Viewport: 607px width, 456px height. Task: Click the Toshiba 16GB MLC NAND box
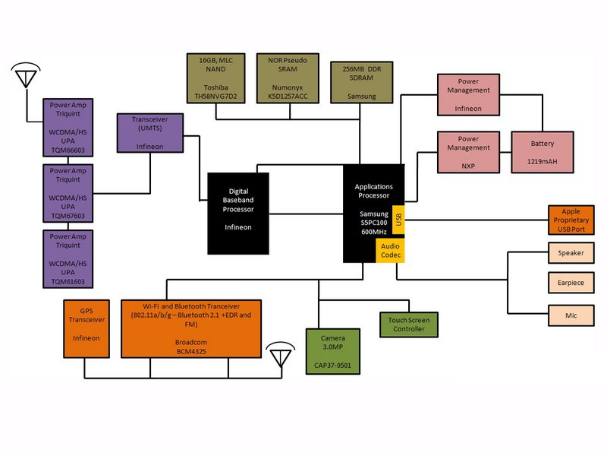(215, 79)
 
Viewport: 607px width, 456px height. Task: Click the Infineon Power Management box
(468, 95)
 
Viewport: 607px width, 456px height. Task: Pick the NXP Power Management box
(468, 150)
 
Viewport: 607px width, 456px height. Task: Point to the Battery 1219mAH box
(542, 150)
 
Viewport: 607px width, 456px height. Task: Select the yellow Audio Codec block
(392, 251)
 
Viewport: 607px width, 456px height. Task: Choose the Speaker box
(571, 253)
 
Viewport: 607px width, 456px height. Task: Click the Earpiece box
(571, 283)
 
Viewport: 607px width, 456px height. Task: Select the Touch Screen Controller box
(409, 325)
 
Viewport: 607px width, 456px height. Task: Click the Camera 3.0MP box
(332, 351)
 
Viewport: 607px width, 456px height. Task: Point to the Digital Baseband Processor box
(238, 214)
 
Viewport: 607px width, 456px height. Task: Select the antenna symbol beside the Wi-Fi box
(281, 354)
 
